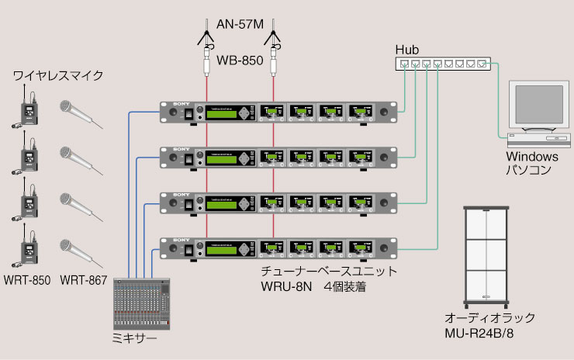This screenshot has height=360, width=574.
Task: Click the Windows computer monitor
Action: click(535, 108)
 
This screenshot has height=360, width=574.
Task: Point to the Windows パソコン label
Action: click(529, 163)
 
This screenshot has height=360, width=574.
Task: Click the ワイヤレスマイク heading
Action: click(58, 76)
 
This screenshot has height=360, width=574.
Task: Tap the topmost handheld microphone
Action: click(79, 113)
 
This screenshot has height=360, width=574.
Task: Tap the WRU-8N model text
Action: click(285, 286)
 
